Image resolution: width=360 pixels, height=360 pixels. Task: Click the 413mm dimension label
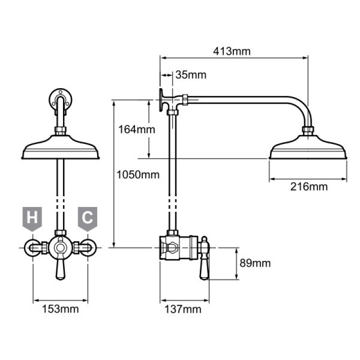[x=232, y=51]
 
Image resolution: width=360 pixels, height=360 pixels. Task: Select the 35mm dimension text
[x=191, y=75]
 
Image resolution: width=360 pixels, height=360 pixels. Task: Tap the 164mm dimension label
[x=137, y=130]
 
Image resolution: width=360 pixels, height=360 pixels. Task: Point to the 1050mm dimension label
[x=138, y=175]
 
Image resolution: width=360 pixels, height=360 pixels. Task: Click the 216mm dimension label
[x=309, y=187]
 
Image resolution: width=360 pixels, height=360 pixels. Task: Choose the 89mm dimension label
[x=255, y=263]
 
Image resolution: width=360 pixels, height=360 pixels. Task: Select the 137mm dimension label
[x=183, y=309]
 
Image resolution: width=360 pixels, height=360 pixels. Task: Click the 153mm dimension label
[x=60, y=309]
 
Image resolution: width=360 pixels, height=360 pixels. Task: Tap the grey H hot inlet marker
[x=32, y=219]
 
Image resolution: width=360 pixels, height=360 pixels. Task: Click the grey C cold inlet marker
[x=87, y=219]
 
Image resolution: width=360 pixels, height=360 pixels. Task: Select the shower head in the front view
[x=61, y=147]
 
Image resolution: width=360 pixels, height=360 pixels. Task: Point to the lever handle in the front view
[x=61, y=270]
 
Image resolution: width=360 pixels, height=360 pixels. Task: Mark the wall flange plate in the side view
[x=161, y=100]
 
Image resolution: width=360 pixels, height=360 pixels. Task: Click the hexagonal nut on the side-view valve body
[x=172, y=248]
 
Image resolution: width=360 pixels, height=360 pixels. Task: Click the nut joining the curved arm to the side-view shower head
[x=308, y=130]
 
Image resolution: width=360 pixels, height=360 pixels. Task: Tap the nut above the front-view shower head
[x=61, y=131]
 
